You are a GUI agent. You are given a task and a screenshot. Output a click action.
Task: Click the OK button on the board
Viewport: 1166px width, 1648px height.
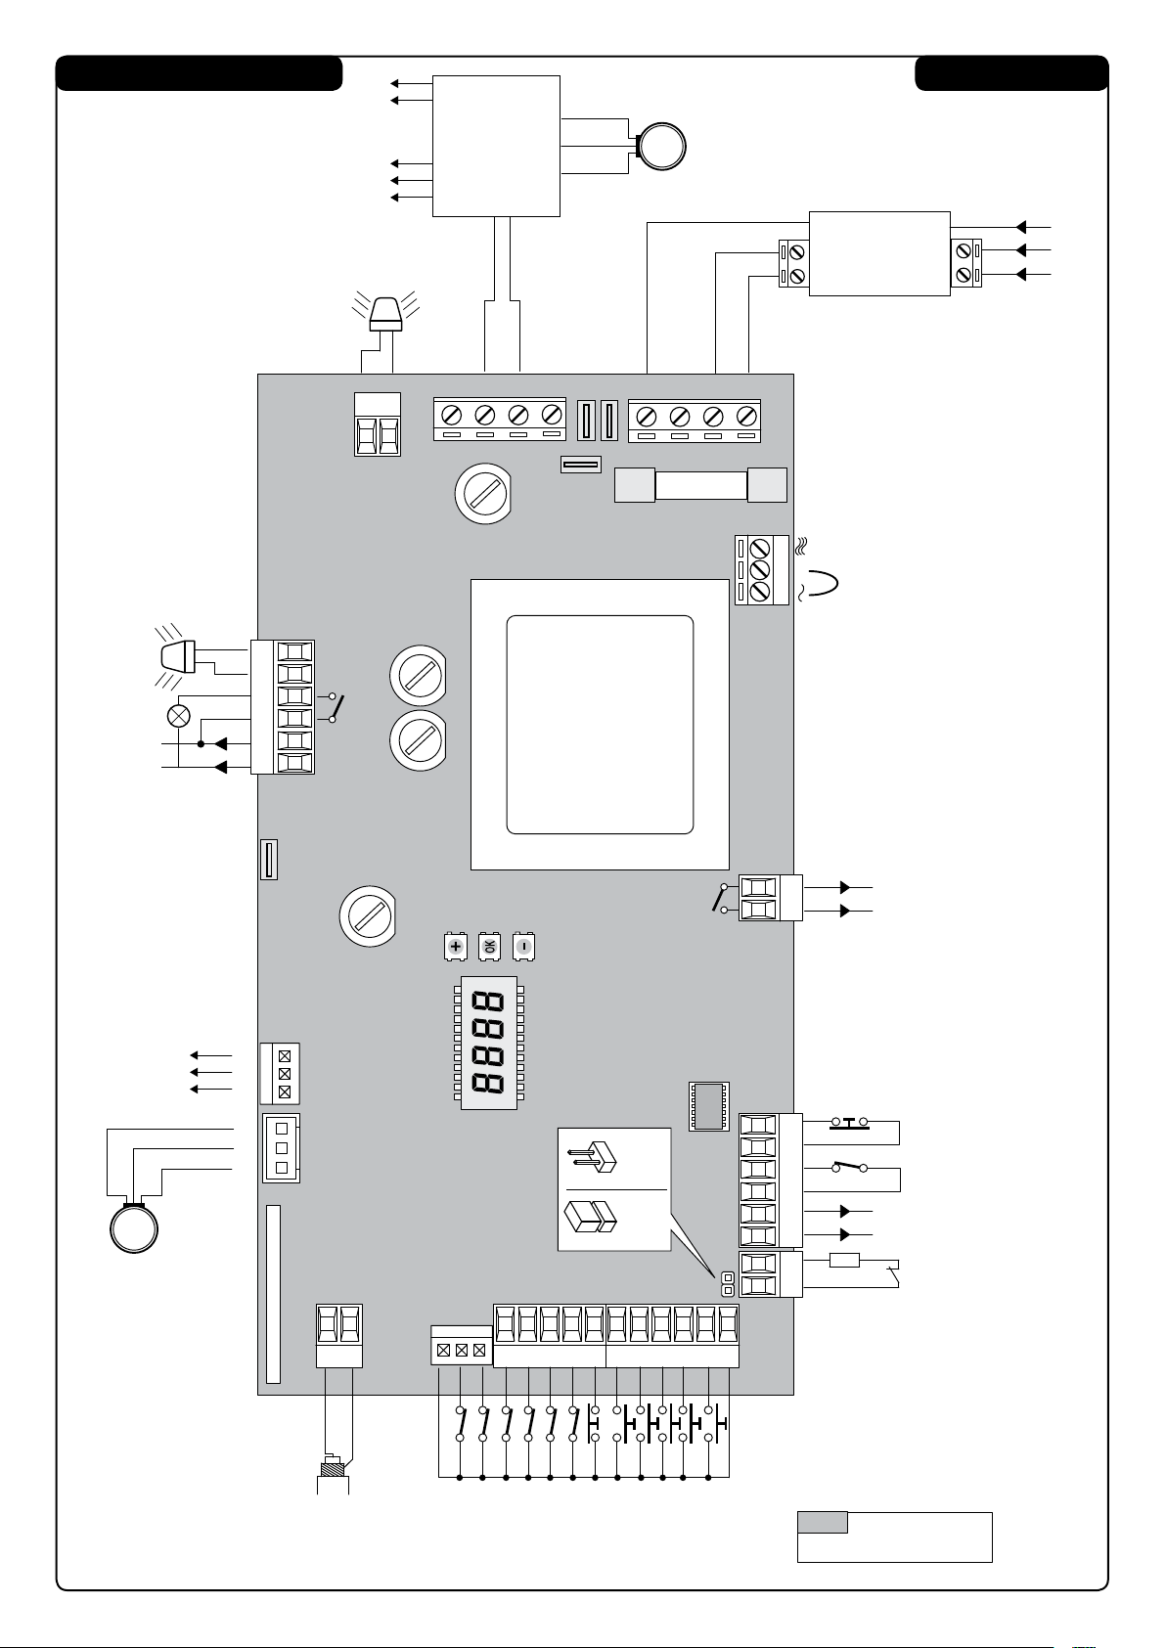click(x=489, y=947)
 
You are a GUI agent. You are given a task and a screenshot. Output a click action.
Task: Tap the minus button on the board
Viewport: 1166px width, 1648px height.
click(x=523, y=947)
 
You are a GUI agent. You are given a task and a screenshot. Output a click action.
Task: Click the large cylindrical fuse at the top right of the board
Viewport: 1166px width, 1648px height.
click(x=700, y=485)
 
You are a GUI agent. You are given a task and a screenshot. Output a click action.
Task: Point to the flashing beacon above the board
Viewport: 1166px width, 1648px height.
click(x=386, y=313)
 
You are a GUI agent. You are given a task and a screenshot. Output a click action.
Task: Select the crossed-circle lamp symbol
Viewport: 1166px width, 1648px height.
click(x=179, y=716)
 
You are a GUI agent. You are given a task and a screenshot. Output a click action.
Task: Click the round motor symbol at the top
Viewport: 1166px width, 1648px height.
click(x=661, y=147)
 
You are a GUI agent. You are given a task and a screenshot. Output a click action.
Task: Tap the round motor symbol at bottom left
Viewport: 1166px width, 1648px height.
click(x=134, y=1228)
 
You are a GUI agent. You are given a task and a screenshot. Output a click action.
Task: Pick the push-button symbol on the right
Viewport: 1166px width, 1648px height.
click(x=850, y=1123)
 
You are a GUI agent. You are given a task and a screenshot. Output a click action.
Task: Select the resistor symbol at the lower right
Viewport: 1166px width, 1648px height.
click(x=844, y=1261)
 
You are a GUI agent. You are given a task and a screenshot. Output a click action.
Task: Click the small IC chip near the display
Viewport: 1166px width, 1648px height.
click(x=709, y=1106)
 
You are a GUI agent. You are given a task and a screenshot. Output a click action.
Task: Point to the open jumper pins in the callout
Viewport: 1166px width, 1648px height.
click(x=592, y=1157)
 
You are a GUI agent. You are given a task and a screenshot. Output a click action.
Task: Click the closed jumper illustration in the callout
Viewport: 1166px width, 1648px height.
click(x=590, y=1216)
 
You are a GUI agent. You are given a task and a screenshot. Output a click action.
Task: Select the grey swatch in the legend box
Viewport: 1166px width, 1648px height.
click(x=823, y=1522)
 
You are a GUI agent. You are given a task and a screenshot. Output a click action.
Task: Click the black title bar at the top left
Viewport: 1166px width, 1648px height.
click(x=200, y=73)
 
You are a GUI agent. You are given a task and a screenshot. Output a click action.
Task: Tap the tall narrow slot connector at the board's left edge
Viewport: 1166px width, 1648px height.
click(x=273, y=1294)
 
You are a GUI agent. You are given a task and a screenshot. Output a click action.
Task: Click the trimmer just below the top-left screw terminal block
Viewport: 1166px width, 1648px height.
click(x=482, y=493)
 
